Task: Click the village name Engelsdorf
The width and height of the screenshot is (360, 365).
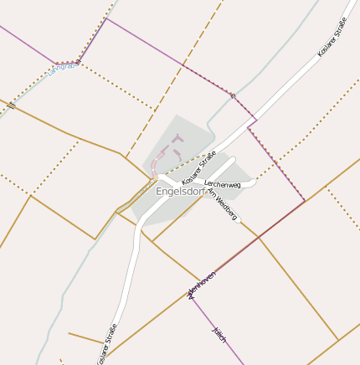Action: coord(180,192)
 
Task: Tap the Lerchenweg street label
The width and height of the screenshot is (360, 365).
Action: coord(222,184)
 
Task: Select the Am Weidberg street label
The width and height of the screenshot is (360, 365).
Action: coord(222,205)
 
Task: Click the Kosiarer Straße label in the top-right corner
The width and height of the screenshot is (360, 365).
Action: coord(332,44)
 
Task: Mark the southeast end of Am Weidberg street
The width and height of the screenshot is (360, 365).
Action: coord(241,222)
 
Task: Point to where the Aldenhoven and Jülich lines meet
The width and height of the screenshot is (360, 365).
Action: coord(191,293)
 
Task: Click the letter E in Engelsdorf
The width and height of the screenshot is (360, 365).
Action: coord(159,192)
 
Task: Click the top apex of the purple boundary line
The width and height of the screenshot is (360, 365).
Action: coord(107,18)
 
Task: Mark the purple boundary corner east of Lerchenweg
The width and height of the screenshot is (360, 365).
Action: coord(304,201)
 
